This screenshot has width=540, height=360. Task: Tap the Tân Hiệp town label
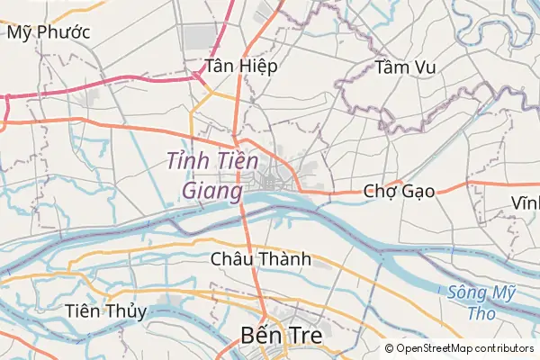[x=240, y=66]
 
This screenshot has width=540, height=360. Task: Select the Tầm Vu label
[x=405, y=67]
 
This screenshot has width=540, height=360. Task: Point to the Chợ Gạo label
[x=399, y=191]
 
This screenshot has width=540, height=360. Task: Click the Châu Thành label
[x=260, y=259]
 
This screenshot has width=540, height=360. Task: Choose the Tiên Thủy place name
[x=106, y=311]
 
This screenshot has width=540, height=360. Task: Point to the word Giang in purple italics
[x=212, y=191]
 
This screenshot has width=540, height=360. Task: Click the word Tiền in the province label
[x=237, y=160]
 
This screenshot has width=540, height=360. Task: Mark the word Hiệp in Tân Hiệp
[x=258, y=66]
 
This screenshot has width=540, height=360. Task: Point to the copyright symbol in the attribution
[x=389, y=348]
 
